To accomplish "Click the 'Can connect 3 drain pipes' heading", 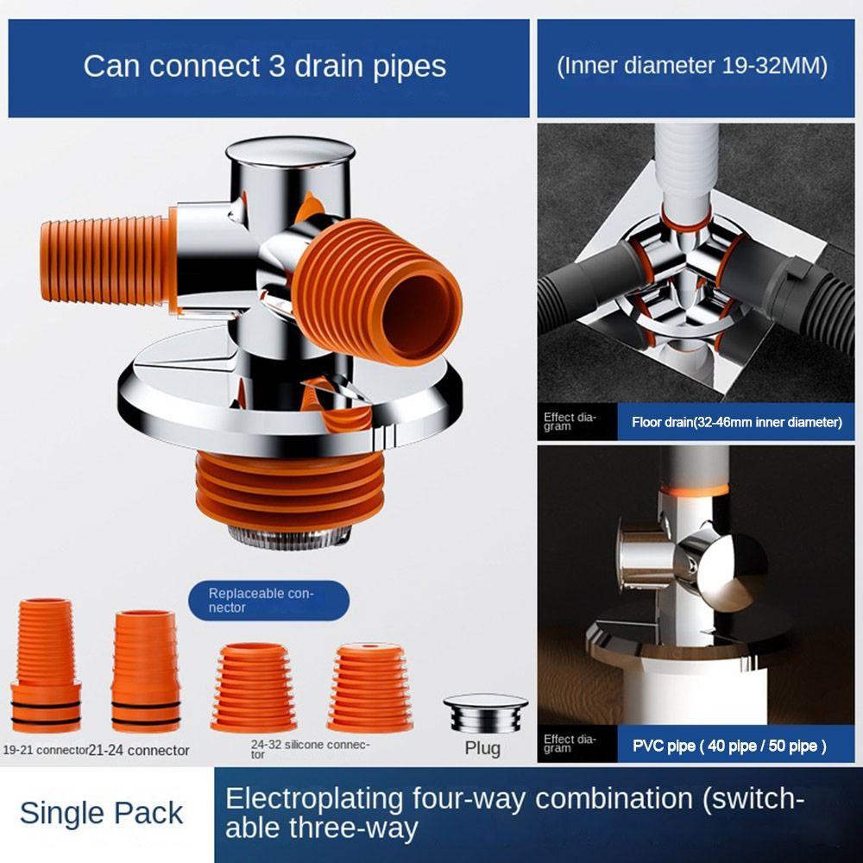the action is coord(265,66).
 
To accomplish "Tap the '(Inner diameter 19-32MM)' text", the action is coord(692,66).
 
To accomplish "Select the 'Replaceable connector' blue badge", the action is coord(268,601).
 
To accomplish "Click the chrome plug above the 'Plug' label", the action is coord(485,713).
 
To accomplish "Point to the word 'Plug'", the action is coord(482,748).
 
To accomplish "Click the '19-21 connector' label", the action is coord(45,750).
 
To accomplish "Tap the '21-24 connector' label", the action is coord(139,750).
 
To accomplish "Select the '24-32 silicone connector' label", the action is coord(309,749).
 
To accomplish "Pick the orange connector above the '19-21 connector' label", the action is coord(45,665).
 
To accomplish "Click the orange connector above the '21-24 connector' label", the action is coord(146,671).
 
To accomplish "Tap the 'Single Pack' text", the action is coord(101,814).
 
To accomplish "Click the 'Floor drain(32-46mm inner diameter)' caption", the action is coord(736,422).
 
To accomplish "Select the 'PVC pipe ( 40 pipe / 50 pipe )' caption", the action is coord(729,746).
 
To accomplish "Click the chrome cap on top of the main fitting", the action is coord(290,153).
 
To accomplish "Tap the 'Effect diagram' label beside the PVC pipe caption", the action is coord(570,744).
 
